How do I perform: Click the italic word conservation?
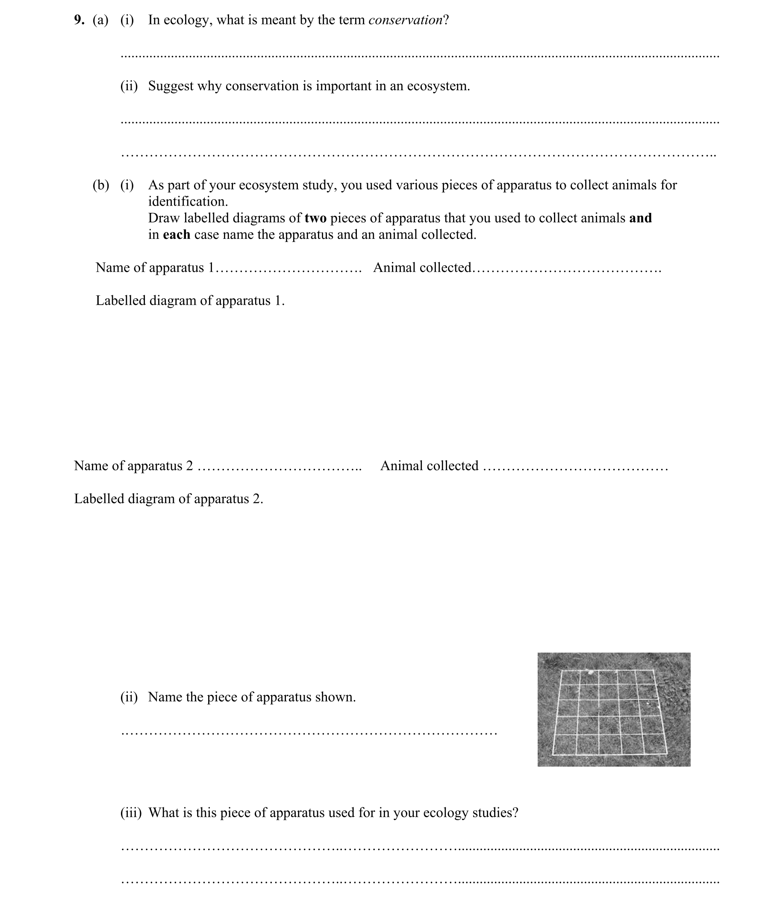click(405, 20)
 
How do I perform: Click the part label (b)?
click(100, 185)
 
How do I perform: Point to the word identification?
click(188, 202)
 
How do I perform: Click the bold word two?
click(315, 218)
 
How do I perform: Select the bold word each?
click(176, 235)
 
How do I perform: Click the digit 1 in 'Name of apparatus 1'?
click(211, 268)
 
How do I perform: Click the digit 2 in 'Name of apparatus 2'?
click(189, 466)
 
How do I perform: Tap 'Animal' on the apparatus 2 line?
click(399, 466)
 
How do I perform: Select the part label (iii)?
click(131, 813)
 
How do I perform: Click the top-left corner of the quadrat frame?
click(562, 671)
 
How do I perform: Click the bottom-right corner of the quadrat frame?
click(667, 753)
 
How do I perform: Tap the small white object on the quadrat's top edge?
click(591, 672)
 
